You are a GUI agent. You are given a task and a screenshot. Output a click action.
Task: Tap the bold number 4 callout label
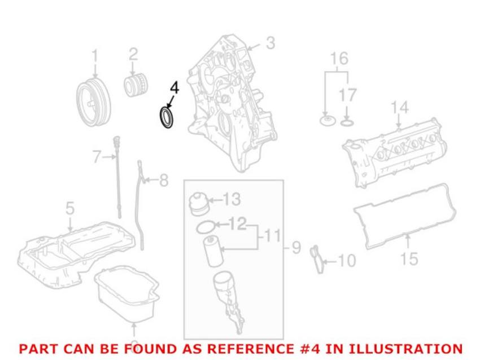[174, 88]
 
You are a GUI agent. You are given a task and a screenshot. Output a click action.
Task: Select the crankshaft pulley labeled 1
[93, 103]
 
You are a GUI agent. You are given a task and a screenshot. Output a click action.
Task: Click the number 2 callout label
[133, 55]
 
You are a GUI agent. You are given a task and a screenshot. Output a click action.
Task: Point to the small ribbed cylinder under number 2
[136, 85]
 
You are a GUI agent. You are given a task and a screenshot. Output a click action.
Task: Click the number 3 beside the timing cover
[270, 43]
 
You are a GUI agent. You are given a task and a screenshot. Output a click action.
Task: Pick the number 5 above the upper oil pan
[70, 208]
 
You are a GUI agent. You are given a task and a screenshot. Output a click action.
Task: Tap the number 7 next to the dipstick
[97, 157]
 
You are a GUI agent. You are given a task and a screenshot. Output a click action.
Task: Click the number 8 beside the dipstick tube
[164, 180]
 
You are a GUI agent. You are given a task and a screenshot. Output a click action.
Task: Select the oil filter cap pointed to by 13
[198, 204]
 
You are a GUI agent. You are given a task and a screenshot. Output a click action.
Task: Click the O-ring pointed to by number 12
[206, 227]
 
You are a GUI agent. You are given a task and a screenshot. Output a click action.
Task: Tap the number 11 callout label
[272, 236]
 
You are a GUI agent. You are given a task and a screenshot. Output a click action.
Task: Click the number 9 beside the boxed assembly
[296, 247]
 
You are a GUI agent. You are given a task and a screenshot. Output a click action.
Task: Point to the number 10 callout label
[346, 261]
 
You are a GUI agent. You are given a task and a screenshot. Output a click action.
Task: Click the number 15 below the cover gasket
[409, 259]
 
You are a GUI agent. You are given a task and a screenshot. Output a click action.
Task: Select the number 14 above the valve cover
[400, 107]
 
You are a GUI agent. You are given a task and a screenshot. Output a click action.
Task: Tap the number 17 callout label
[348, 95]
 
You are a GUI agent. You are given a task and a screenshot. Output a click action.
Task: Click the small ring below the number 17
[347, 123]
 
